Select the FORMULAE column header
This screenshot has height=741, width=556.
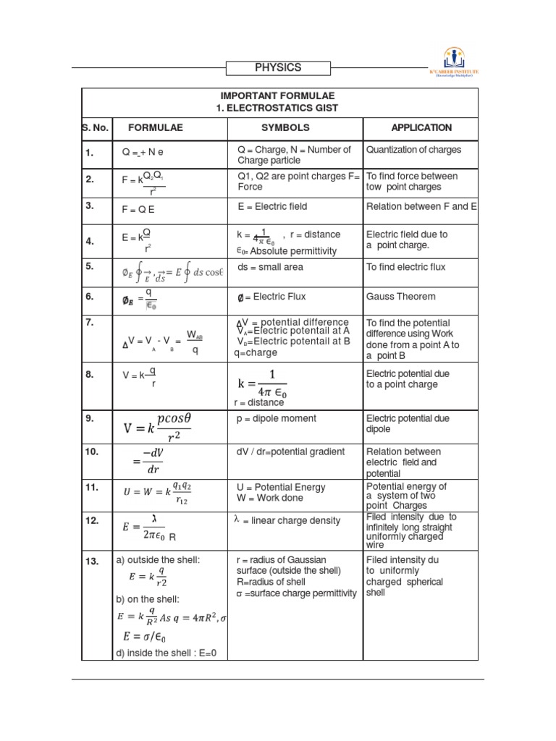[156, 127]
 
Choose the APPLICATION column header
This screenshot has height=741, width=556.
[421, 127]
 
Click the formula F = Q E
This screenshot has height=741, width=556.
[138, 209]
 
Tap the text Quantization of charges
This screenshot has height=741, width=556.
[413, 150]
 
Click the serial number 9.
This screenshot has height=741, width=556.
[90, 418]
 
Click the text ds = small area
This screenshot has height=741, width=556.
[270, 267]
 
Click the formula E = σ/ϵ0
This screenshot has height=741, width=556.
[156, 637]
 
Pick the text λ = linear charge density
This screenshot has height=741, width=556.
[286, 522]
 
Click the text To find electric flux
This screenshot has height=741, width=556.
[406, 267]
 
